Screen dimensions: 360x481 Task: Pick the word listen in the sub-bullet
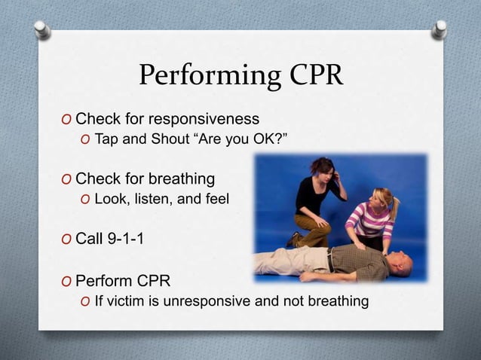[x=149, y=200]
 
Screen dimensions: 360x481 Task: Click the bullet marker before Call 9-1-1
[x=67, y=241]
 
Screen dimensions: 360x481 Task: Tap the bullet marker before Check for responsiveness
[x=67, y=120]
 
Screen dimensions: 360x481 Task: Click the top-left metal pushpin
[x=43, y=29]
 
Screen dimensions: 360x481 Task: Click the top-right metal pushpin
[x=439, y=29]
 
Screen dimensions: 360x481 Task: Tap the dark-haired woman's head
[x=322, y=167]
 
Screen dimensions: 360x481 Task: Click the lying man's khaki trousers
[x=290, y=262]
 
